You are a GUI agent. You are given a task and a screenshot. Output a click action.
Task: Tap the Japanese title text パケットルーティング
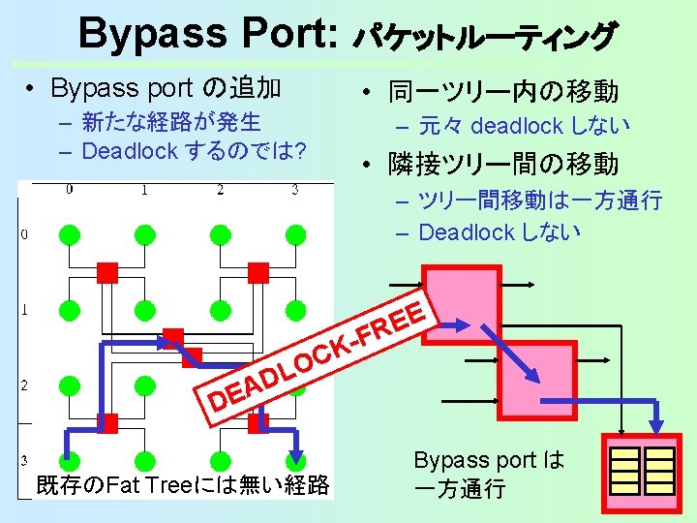(x=484, y=37)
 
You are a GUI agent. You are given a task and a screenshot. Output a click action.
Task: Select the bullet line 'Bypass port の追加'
(x=166, y=89)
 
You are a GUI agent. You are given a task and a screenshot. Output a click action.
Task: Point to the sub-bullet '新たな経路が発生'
(x=172, y=122)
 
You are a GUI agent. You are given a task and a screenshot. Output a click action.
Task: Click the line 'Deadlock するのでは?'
(x=195, y=151)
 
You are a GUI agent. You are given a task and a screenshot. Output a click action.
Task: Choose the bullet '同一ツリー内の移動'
(x=502, y=92)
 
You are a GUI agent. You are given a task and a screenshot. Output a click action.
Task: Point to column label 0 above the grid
(x=69, y=189)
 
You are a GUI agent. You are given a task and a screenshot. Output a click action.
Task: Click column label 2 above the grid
(x=220, y=189)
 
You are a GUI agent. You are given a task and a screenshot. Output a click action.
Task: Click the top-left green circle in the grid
(x=69, y=234)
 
